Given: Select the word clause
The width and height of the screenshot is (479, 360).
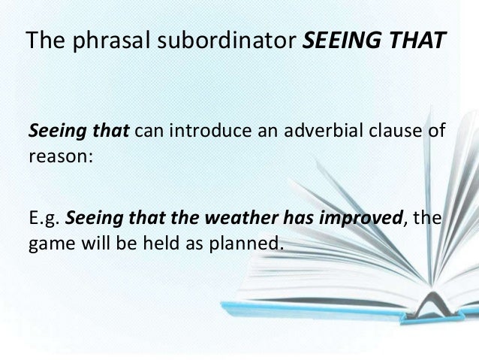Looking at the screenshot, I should click(389, 135).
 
